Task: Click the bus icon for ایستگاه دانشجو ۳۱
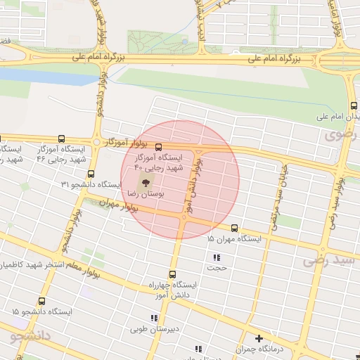pyautogui.click(x=91, y=174)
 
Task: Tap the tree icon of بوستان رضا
pyautogui.click(x=144, y=182)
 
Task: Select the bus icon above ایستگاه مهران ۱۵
pyautogui.click(x=234, y=228)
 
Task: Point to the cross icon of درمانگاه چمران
pyautogui.click(x=259, y=338)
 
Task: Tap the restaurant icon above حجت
pyautogui.click(x=216, y=257)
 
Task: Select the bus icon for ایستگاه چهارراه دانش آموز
pyautogui.click(x=172, y=274)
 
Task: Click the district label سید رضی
pyautogui.click(x=330, y=261)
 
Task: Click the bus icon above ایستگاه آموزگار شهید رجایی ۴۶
pyautogui.click(x=63, y=139)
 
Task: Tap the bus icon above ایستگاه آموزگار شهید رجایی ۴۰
pyautogui.click(x=159, y=148)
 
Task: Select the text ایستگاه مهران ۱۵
pyautogui.click(x=234, y=239)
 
